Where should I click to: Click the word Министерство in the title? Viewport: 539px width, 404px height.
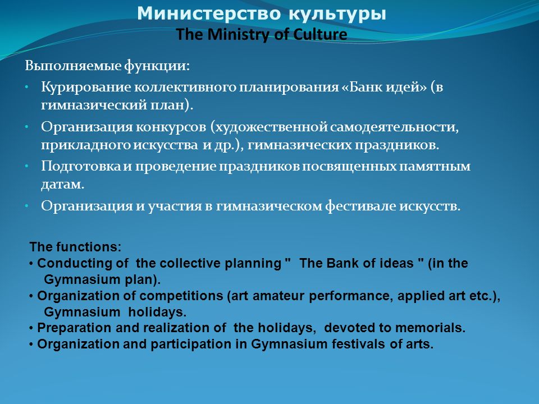click(x=209, y=13)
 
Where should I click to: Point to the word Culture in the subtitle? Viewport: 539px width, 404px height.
click(x=320, y=34)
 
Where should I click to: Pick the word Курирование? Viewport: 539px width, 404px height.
click(x=86, y=88)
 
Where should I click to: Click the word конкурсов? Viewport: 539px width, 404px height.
click(x=171, y=127)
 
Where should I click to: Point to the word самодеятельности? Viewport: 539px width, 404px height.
click(x=394, y=127)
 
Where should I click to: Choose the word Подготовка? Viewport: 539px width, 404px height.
click(x=81, y=167)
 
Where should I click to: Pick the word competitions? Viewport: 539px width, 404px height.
click(x=181, y=296)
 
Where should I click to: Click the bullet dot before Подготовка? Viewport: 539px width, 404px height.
click(x=27, y=166)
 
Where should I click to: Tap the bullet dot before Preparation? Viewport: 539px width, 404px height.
click(x=31, y=328)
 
